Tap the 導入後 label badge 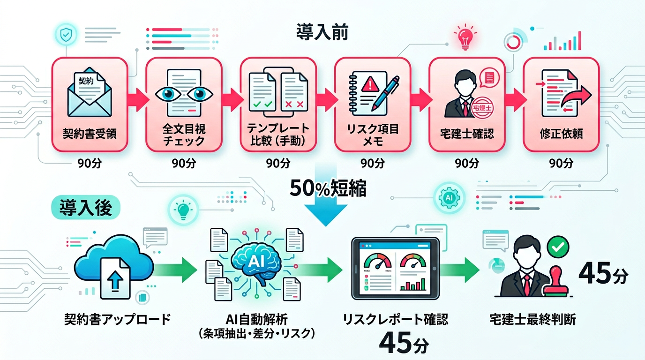point(86,208)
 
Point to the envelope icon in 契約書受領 point(89,96)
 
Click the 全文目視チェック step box point(183,104)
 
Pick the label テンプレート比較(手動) point(278,135)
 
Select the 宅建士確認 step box point(467,104)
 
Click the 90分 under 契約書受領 point(89,163)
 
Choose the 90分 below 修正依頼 point(561,163)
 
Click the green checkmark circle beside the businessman point(558,245)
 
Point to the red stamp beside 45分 point(556,282)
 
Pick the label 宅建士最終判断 point(532,320)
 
